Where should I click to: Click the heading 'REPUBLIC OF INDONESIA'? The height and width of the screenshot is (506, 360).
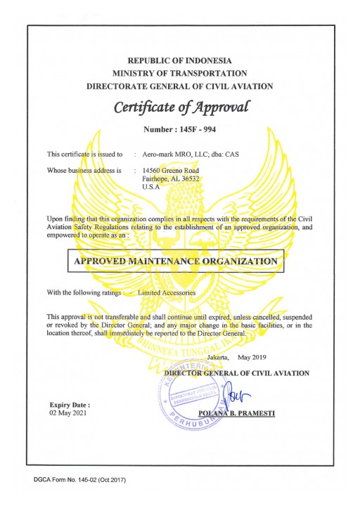(179, 60)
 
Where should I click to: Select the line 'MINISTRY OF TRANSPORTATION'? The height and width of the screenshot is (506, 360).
(179, 73)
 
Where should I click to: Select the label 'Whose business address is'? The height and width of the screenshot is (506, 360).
(84, 170)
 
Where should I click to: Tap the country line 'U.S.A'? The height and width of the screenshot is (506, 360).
(150, 188)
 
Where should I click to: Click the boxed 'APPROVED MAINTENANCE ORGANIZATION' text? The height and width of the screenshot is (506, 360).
(176, 261)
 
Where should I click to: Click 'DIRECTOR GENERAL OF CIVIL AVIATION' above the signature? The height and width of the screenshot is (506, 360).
(236, 372)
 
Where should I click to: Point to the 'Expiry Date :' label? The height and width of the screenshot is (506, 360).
(70, 406)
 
